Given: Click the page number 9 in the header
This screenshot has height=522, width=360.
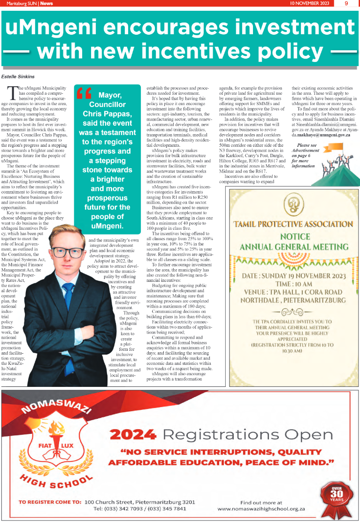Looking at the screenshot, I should [x=346, y=3].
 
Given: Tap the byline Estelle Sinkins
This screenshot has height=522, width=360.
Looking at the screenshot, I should [x=18, y=76].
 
